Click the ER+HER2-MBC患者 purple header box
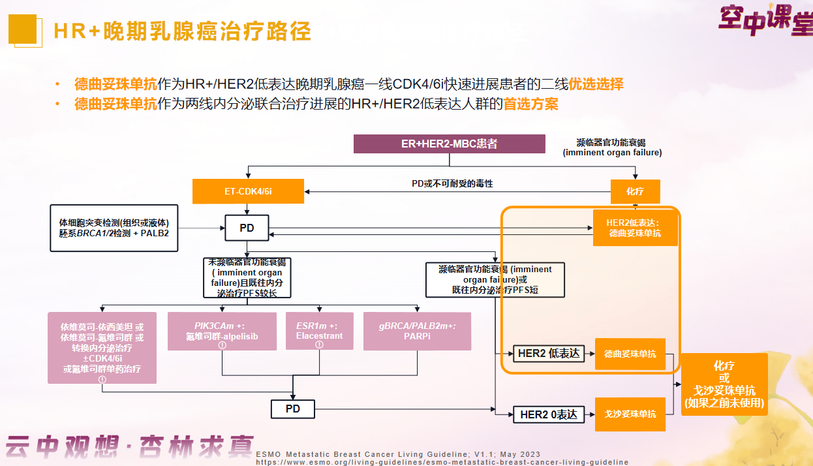449,144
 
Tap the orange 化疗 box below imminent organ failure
635,191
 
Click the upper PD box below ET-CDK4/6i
247,228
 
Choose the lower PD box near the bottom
293,409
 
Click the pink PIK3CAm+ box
222,331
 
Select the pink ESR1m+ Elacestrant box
319,331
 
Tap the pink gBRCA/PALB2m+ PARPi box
417,331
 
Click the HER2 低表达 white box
548,354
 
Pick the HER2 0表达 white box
548,414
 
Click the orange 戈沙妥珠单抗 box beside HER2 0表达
630,414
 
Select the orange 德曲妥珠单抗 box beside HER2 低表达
630,354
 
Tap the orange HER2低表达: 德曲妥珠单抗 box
635,228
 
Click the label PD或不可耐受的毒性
452,184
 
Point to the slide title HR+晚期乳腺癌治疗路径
182,31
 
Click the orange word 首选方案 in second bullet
530,104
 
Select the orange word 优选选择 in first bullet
596,84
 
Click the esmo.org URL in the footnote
442,462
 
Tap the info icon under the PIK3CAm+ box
222,345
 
